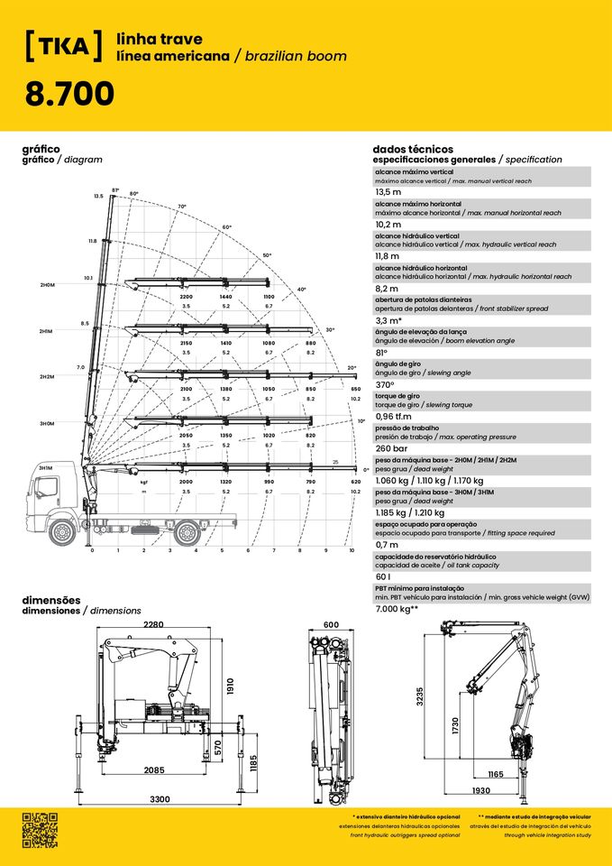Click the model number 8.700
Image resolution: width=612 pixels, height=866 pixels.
(x=69, y=93)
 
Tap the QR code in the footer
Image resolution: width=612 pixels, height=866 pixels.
(x=40, y=829)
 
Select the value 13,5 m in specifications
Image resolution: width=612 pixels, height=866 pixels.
(x=388, y=192)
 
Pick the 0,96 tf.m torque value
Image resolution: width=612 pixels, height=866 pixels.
(x=393, y=416)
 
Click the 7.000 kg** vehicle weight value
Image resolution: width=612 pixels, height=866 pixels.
(x=397, y=609)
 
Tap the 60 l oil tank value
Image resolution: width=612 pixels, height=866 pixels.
(x=383, y=576)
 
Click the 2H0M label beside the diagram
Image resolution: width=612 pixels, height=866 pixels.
(x=47, y=285)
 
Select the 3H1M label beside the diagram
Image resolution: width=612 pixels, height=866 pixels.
(x=47, y=468)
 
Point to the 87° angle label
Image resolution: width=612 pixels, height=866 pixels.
(x=115, y=190)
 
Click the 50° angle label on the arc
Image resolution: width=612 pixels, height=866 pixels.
(x=267, y=255)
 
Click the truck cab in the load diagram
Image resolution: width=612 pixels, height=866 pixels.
(x=46, y=493)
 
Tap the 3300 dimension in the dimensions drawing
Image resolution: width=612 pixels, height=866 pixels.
(x=160, y=800)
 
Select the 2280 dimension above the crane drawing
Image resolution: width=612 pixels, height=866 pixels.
(x=153, y=625)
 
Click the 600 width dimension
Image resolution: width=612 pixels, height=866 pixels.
(x=332, y=625)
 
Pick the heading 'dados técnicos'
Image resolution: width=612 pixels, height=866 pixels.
(x=413, y=149)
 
